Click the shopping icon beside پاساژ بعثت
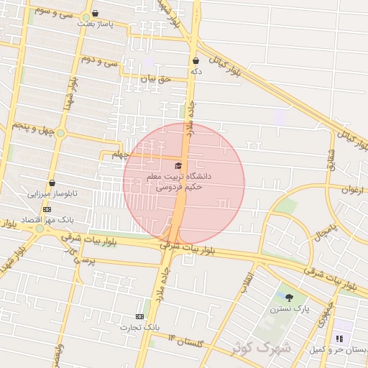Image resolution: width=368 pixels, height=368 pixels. [x=95, y=13]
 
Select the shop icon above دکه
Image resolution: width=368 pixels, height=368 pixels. [x=195, y=61]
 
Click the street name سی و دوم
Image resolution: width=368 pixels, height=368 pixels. [x=98, y=60]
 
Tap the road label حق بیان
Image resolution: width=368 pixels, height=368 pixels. [x=156, y=79]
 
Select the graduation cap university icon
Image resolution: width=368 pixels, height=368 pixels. [x=178, y=166]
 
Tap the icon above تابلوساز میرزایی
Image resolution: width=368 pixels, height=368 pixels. [x=52, y=183]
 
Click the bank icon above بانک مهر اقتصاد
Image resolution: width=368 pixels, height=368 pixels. [x=47, y=209]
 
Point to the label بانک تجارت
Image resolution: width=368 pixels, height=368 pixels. [x=138, y=327]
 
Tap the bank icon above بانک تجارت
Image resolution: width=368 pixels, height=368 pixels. [x=139, y=316]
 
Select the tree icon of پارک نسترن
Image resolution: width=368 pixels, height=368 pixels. [x=289, y=298]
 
